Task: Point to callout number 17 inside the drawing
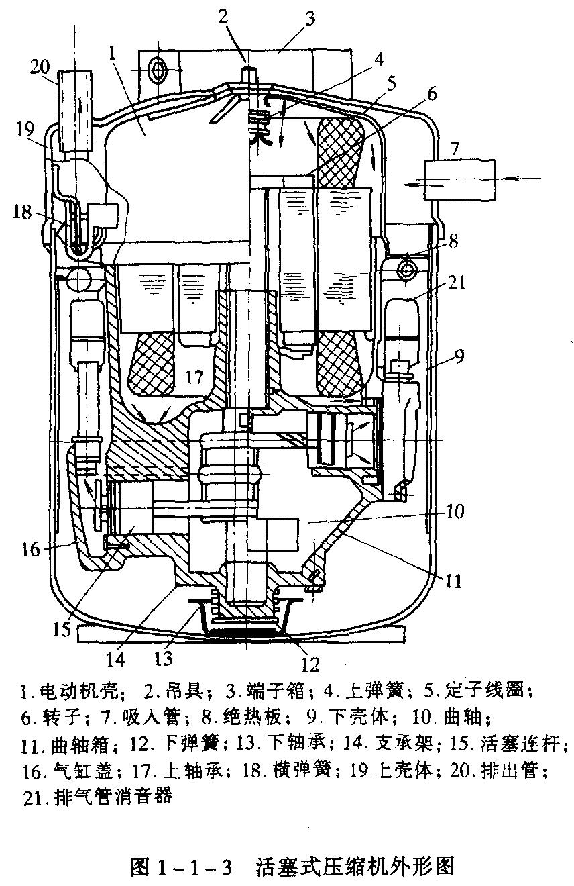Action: point(194,377)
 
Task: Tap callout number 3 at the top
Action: point(309,18)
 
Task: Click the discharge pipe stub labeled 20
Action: point(72,111)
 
